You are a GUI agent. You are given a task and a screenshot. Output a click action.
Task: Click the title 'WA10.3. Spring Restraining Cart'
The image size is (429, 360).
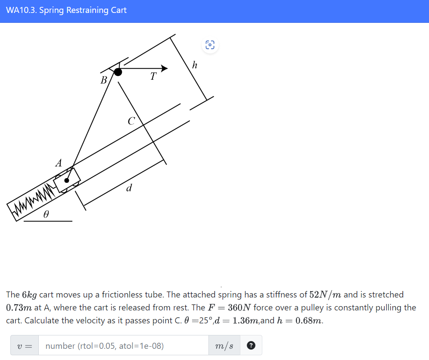(x=66, y=10)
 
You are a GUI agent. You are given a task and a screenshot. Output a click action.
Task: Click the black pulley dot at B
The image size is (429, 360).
(x=118, y=72)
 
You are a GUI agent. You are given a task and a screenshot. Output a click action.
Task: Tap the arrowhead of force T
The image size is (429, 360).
(x=164, y=68)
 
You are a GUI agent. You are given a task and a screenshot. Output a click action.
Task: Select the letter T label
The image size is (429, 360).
(x=153, y=77)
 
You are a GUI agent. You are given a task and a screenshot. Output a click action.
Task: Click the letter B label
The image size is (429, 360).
(x=103, y=80)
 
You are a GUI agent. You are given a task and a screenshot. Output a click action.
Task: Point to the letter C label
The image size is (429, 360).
(x=131, y=121)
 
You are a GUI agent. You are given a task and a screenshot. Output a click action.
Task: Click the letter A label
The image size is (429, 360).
(x=59, y=163)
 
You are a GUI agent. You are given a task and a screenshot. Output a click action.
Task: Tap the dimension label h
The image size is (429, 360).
(x=195, y=65)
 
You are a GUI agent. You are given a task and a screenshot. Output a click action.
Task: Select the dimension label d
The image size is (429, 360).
(x=128, y=188)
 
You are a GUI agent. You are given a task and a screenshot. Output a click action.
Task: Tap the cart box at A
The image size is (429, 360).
(x=67, y=179)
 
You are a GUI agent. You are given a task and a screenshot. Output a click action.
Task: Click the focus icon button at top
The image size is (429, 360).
(x=210, y=44)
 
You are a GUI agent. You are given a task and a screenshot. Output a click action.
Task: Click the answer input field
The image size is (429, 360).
(x=123, y=345)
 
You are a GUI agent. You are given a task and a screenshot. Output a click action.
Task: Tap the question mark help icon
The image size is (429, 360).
(x=252, y=345)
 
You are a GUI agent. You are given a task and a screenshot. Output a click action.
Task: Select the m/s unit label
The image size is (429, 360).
(x=224, y=345)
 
